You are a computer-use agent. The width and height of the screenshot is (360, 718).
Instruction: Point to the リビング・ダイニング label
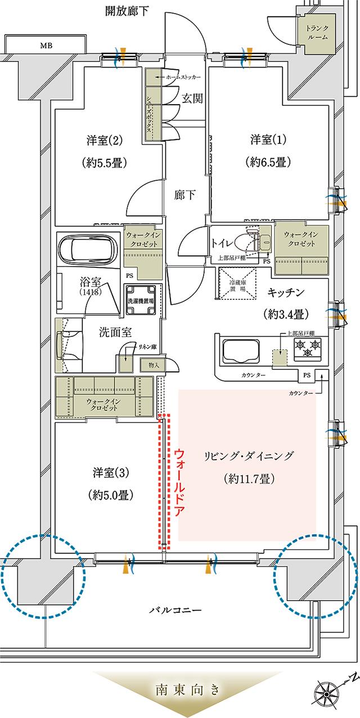pos(248,455)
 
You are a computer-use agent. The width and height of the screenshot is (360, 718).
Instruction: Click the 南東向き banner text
pos(180,689)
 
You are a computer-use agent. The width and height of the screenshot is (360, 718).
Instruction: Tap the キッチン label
pos(286,291)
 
